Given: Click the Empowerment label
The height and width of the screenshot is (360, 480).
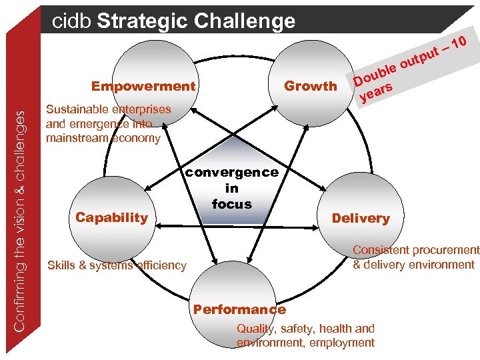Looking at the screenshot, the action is (143, 86).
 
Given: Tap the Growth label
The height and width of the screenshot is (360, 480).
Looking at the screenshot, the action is (311, 86).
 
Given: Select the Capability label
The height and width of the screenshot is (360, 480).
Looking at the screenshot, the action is (111, 217).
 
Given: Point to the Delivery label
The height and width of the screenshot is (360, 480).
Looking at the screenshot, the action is (361, 218).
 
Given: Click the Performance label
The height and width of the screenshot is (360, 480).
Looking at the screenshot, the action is (239, 309).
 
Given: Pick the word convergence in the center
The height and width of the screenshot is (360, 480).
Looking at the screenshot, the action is (231, 172).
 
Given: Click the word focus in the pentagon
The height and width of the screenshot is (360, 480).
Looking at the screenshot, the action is (231, 204).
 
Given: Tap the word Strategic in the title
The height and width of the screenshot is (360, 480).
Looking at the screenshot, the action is (143, 21).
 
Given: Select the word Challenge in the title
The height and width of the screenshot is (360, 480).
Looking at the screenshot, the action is (245, 21).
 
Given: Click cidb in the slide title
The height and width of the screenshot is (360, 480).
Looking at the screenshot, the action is (72, 21).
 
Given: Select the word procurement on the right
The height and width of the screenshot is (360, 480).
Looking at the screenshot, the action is (447, 251).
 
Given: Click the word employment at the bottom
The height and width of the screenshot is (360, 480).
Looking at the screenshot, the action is (343, 343).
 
